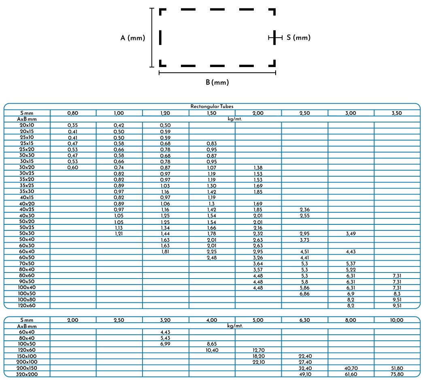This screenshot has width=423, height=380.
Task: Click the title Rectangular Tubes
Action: click(x=212, y=106)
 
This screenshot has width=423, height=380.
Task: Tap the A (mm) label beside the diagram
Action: click(x=133, y=38)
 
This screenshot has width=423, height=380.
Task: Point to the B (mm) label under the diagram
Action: click(x=217, y=82)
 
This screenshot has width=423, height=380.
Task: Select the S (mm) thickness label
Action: click(x=298, y=38)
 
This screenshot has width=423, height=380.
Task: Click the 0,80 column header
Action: click(x=73, y=113)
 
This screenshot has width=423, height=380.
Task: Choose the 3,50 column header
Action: click(x=397, y=113)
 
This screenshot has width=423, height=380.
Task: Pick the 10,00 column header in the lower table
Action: click(x=397, y=320)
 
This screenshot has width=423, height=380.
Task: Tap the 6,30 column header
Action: click(x=304, y=320)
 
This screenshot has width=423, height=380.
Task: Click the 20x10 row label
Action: click(x=27, y=125)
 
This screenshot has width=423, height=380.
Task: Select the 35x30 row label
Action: click(x=27, y=191)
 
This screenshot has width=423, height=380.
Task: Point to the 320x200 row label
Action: click(x=27, y=374)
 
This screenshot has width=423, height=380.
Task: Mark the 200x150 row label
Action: click(x=27, y=368)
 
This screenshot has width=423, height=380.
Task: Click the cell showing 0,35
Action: click(x=72, y=125)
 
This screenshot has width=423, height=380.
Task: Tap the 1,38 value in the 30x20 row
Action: click(x=258, y=168)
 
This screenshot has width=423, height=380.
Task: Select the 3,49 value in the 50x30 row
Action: click(x=351, y=234)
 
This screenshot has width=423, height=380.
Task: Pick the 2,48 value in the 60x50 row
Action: click(x=212, y=258)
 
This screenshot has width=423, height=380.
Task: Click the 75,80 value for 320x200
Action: click(x=397, y=374)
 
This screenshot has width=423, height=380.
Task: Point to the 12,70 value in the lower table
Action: click(x=258, y=350)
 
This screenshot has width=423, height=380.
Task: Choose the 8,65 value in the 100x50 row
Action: click(x=212, y=344)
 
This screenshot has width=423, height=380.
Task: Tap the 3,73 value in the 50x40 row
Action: click(x=304, y=240)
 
